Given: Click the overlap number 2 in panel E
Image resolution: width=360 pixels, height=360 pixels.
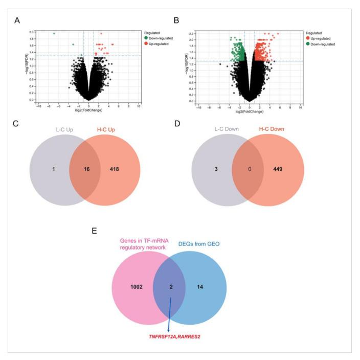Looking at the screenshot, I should pyautogui.click(x=170, y=286).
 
